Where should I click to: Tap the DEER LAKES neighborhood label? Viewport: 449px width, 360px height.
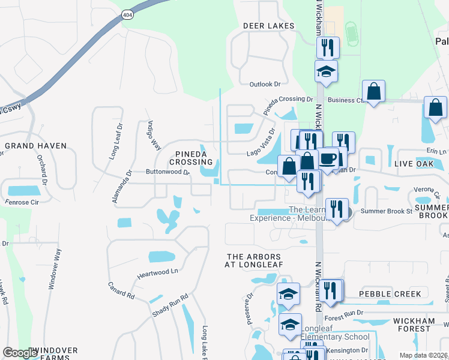268,26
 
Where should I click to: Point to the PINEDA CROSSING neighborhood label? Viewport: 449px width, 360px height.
191,158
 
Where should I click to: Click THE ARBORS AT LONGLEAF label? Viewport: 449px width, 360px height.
253,260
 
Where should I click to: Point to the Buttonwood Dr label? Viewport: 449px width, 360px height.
167,172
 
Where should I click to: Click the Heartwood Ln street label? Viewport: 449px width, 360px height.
158,271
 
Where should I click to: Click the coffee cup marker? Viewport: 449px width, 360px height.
328,159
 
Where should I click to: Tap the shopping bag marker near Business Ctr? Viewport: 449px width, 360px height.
373,92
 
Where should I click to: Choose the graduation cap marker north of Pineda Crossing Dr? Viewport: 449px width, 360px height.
326,71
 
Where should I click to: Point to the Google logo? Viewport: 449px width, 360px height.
20,353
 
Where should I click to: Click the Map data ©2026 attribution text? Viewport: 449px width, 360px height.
423,355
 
